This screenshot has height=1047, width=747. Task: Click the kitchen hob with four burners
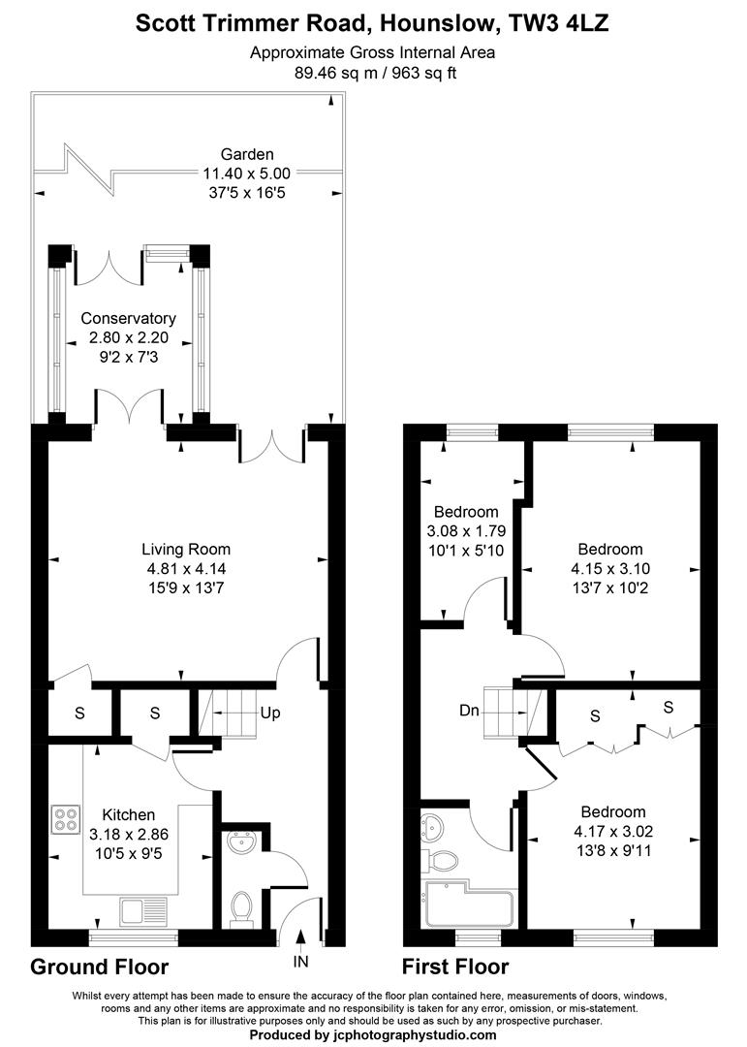(x=66, y=820)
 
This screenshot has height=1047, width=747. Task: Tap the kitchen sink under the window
(x=143, y=910)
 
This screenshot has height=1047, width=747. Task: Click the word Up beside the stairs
(x=270, y=714)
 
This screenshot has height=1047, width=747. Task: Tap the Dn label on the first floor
(x=469, y=711)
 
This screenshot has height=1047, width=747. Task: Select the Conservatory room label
(x=128, y=318)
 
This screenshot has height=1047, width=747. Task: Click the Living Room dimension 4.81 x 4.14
(x=184, y=569)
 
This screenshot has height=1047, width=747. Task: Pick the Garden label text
(x=247, y=153)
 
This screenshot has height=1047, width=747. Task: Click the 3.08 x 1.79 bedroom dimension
(x=466, y=531)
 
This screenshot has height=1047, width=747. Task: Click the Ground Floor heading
(x=100, y=967)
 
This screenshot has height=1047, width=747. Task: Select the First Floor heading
(x=455, y=967)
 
